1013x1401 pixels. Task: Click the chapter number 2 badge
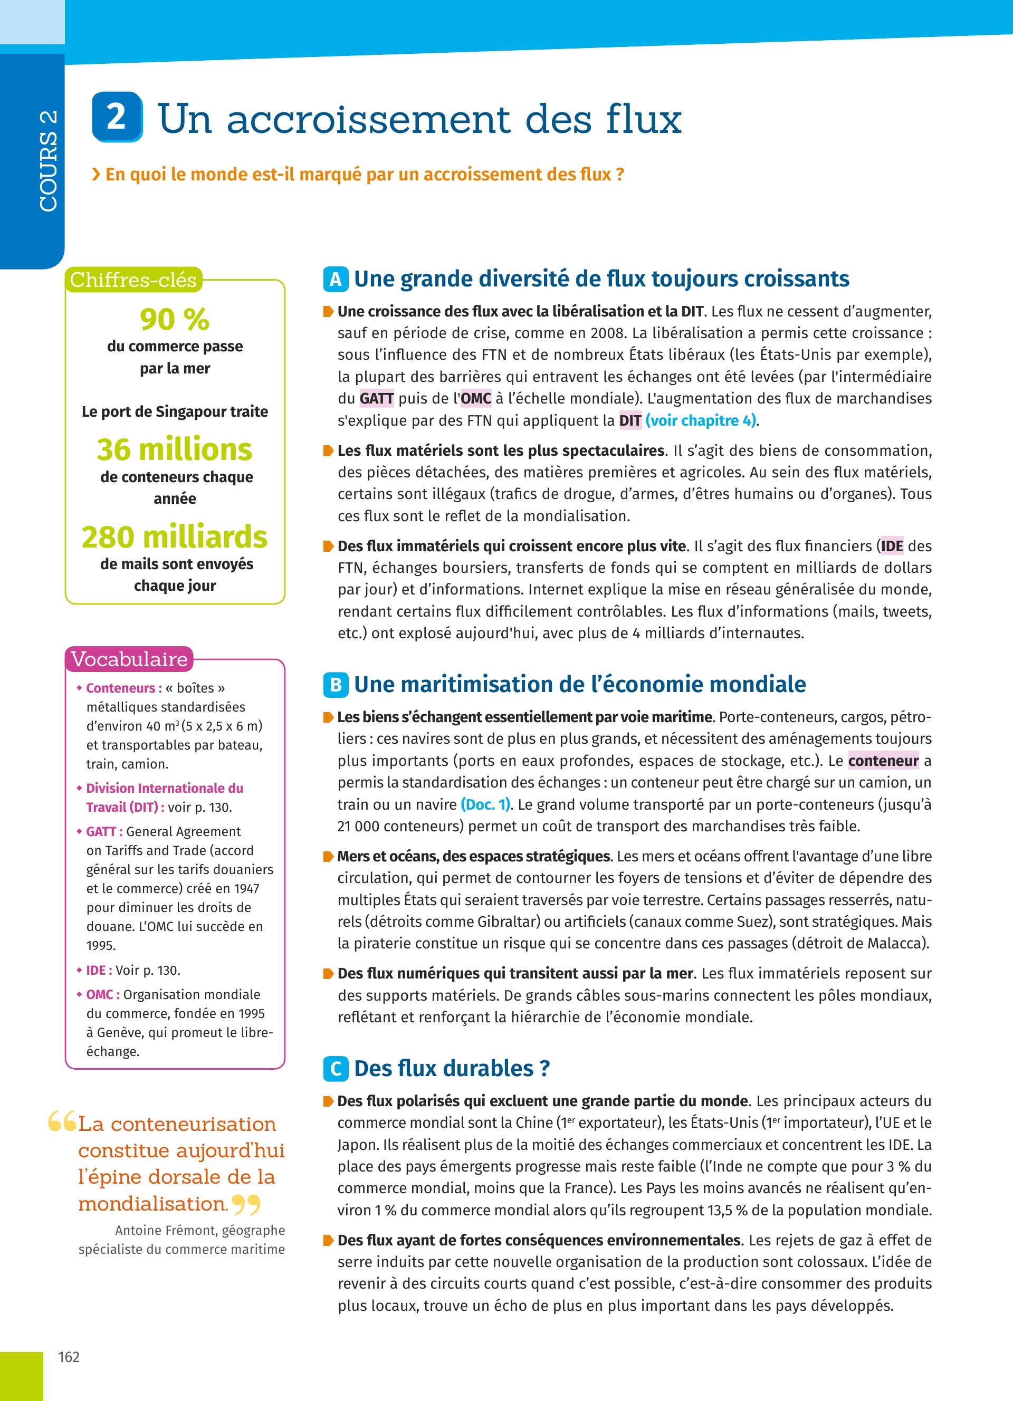pyautogui.click(x=117, y=117)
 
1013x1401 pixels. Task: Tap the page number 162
pyautogui.click(x=69, y=1357)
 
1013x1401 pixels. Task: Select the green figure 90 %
pyautogui.click(x=175, y=319)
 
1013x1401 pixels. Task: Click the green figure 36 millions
pyautogui.click(x=175, y=449)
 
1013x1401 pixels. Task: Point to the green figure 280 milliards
pyautogui.click(x=175, y=536)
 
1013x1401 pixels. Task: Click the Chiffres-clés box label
pyautogui.click(x=133, y=280)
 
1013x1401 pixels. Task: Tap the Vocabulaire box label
pyautogui.click(x=129, y=659)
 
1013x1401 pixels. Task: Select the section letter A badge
pyautogui.click(x=336, y=279)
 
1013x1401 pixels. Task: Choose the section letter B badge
pyautogui.click(x=336, y=685)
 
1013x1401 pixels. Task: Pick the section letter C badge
pyautogui.click(x=336, y=1069)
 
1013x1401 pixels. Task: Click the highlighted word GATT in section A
pyautogui.click(x=376, y=398)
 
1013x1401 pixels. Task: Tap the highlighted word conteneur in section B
pyautogui.click(x=883, y=761)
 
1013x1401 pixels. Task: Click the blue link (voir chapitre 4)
pyautogui.click(x=701, y=421)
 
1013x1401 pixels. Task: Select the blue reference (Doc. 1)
pyautogui.click(x=486, y=804)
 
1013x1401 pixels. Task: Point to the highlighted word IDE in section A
pyautogui.click(x=892, y=546)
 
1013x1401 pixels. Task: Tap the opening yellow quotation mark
pyautogui.click(x=62, y=1121)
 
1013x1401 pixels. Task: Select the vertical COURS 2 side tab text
pyautogui.click(x=48, y=160)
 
